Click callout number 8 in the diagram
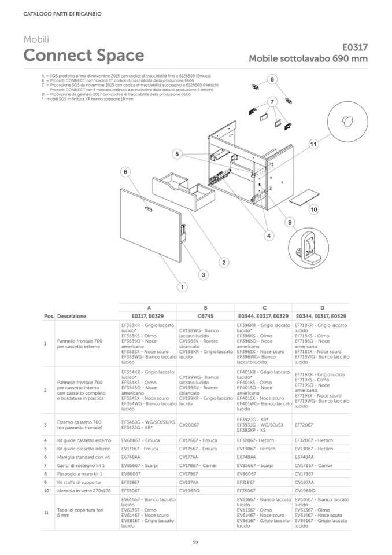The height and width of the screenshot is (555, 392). (x=272, y=79)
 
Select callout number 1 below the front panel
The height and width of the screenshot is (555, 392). (x=182, y=286)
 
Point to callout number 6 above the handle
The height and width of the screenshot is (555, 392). (x=125, y=172)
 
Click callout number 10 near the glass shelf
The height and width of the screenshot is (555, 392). (x=314, y=209)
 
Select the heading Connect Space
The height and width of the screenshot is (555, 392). (x=84, y=56)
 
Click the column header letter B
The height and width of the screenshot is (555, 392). (x=205, y=308)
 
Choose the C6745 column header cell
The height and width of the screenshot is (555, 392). (x=205, y=317)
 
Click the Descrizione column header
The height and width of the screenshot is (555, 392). (x=72, y=317)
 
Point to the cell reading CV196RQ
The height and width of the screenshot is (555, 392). (x=190, y=490)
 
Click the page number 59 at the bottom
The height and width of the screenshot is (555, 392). (x=196, y=542)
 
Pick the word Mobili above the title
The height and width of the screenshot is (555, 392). (x=36, y=39)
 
